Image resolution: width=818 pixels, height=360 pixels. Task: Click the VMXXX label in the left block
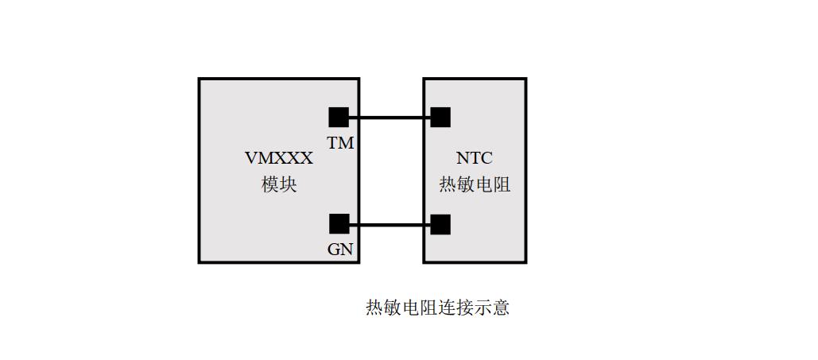point(279,157)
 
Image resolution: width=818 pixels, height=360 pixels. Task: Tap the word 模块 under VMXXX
point(279,184)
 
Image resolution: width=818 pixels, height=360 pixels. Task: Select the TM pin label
point(341,142)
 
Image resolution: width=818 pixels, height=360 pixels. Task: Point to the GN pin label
point(340,250)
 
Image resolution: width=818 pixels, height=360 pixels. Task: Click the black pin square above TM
point(339,118)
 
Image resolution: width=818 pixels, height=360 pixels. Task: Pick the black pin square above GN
point(339,224)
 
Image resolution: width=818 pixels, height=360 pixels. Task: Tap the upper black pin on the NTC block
point(440,118)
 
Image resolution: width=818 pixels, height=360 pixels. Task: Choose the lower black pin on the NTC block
point(440,224)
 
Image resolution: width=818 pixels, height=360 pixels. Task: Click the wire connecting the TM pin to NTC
point(390,118)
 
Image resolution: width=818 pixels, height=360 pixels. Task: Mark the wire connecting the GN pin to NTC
point(390,225)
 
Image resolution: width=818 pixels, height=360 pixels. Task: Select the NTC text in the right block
point(475,157)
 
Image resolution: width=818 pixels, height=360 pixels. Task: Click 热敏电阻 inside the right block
point(475,184)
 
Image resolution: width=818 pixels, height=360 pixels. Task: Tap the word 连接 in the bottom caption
point(456,308)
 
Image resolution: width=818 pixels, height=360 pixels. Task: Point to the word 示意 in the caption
point(491,308)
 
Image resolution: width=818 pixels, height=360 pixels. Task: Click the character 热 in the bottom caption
point(374,308)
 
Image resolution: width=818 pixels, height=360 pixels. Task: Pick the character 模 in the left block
point(270,184)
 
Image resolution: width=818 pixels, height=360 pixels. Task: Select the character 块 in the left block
point(289,184)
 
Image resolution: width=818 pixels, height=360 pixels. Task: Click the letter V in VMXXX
point(251,157)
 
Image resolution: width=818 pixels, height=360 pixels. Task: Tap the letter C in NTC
point(487,157)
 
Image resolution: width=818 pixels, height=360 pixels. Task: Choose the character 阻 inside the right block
point(502,184)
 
